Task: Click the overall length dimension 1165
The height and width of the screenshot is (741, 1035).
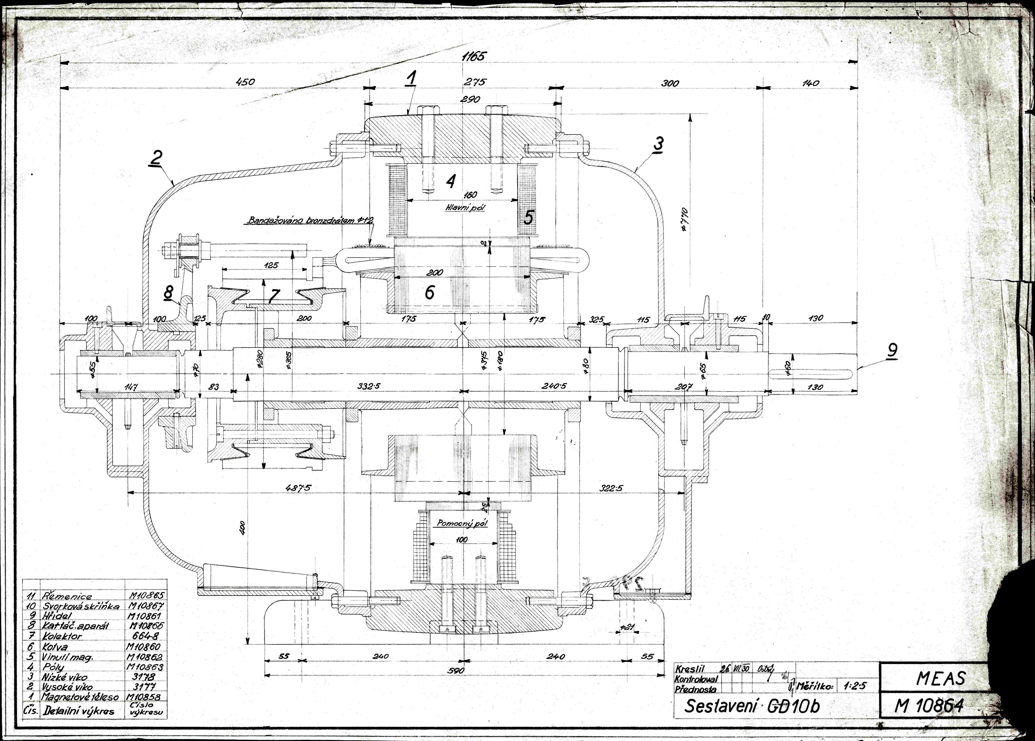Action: [x=474, y=56]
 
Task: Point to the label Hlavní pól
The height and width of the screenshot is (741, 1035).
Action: [x=465, y=207]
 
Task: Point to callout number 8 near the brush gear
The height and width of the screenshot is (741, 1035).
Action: [x=168, y=292]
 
